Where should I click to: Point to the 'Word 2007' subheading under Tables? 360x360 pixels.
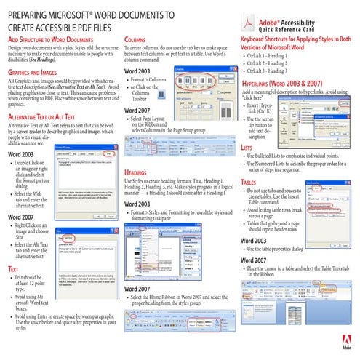click(255, 260)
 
